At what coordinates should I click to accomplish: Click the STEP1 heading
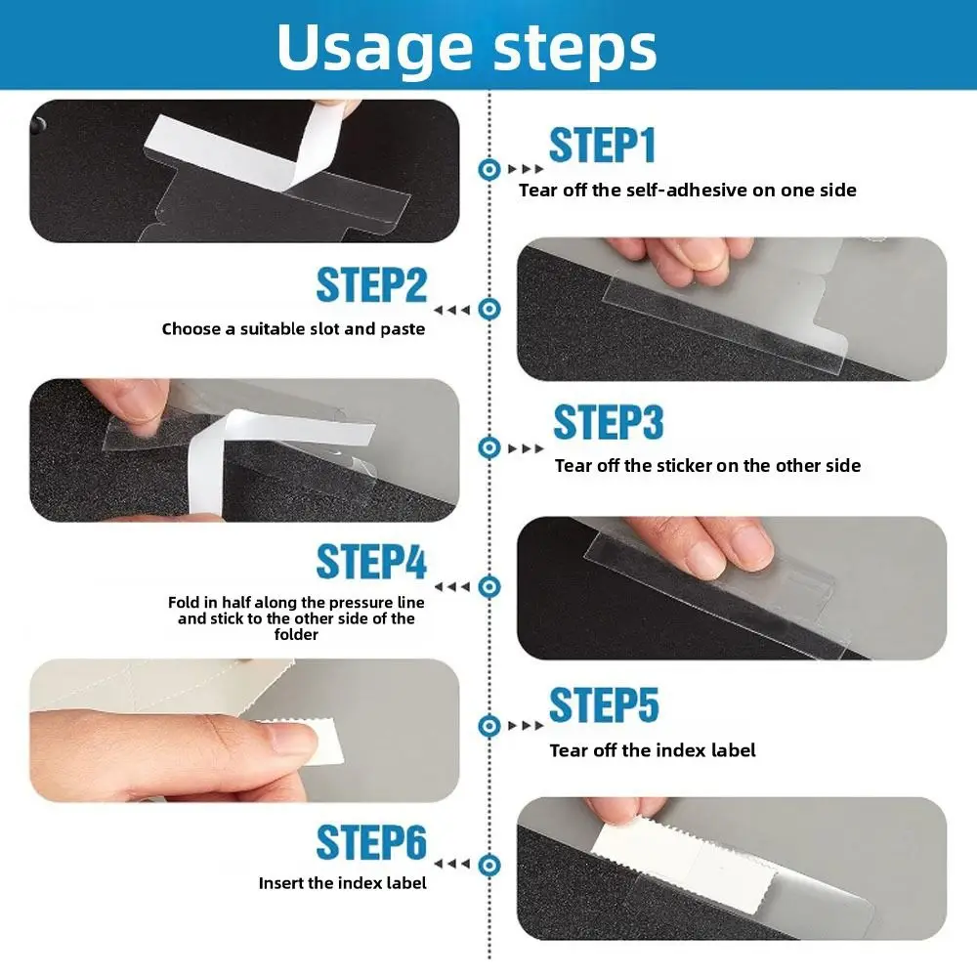[602, 146]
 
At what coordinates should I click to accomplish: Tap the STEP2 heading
[371, 285]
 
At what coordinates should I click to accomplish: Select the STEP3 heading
[608, 422]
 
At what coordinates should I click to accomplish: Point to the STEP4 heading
[371, 562]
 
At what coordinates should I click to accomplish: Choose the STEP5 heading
[604, 704]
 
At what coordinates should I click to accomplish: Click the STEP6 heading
[371, 842]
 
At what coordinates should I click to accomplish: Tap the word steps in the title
[575, 49]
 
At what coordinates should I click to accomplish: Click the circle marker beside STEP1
[489, 169]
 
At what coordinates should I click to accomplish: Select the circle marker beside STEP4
[489, 586]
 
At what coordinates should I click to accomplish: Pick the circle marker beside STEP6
[489, 865]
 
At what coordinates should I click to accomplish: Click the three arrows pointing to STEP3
[526, 448]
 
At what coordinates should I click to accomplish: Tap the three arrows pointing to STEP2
[452, 310]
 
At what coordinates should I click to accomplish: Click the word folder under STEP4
[296, 634]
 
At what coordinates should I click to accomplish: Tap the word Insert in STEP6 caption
[280, 883]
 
